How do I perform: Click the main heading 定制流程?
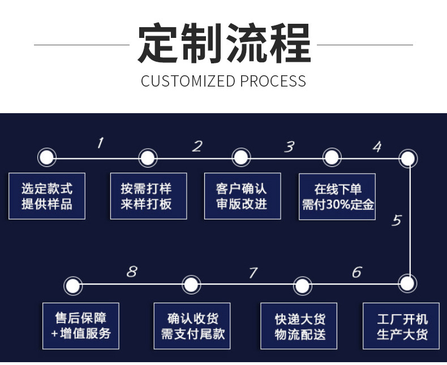tap(224, 44)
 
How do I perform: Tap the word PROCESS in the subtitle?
tap(273, 81)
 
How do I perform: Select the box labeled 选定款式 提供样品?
tap(47, 196)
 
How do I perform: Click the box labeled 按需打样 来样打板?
tap(148, 196)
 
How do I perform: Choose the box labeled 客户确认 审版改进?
tap(242, 196)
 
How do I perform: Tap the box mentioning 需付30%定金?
tap(337, 196)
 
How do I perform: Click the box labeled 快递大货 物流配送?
tap(299, 326)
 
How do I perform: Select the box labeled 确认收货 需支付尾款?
tap(192, 326)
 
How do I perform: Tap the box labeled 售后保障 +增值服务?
tap(81, 326)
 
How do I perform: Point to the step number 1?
tap(101, 143)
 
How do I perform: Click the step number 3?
tap(289, 147)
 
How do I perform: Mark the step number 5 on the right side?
tap(396, 220)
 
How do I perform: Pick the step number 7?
tap(252, 273)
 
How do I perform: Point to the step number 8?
tap(131, 272)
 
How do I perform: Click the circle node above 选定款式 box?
tap(46, 157)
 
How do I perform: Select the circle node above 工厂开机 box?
tap(407, 282)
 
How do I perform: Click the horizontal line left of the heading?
tap(81, 44)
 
